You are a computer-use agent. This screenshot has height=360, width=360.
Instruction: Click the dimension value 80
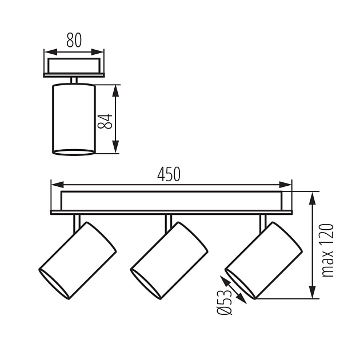(73, 40)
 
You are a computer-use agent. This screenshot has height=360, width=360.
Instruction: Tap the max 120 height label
(327, 250)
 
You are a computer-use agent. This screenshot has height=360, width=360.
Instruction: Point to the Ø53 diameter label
(225, 302)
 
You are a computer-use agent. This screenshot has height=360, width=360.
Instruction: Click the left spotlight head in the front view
(78, 260)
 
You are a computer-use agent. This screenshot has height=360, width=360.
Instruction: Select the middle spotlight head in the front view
(169, 260)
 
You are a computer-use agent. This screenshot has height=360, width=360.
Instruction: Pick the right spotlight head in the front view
(263, 260)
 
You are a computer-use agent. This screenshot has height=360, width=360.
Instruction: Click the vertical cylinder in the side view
(74, 119)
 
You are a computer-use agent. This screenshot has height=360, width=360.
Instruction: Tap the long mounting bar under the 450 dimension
(171, 201)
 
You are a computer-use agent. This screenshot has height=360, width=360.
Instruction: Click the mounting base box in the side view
(74, 66)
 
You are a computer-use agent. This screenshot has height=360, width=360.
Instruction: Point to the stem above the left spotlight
(76, 222)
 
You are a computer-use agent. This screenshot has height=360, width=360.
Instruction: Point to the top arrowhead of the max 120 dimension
(313, 198)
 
